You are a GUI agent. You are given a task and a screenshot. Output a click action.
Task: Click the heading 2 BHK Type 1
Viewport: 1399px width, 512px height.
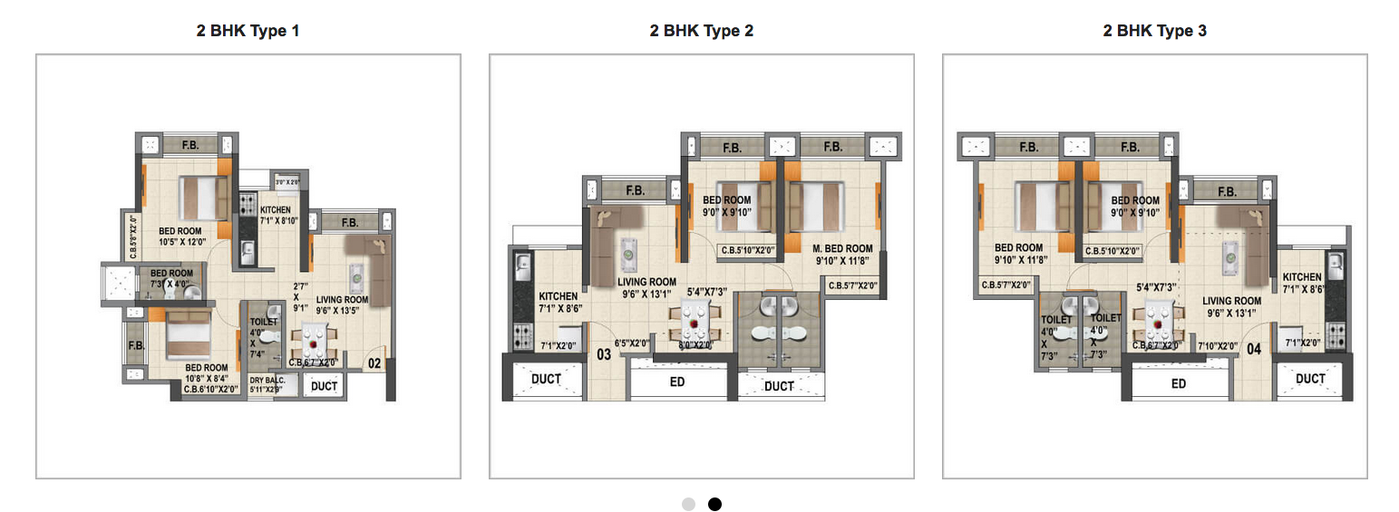point(248,31)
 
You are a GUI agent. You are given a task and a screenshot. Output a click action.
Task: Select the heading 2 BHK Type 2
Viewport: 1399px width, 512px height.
point(701,31)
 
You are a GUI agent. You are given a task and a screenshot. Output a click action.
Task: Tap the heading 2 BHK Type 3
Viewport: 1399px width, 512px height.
point(1154,31)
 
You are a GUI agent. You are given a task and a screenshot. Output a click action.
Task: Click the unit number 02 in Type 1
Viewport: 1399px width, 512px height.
point(374,364)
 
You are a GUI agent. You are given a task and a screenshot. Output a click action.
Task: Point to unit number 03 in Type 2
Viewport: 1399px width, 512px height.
point(604,354)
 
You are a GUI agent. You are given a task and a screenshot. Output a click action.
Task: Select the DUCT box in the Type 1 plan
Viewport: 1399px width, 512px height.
point(324,386)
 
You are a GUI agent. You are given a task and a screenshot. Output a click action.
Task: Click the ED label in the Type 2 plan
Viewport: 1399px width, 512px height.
point(676,382)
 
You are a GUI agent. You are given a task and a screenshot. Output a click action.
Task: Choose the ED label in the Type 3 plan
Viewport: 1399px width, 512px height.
point(1178,383)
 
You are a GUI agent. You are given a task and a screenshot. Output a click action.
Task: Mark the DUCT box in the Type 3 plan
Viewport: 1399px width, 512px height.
point(1310,379)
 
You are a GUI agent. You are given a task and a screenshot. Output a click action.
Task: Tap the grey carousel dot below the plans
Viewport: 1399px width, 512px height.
point(689,504)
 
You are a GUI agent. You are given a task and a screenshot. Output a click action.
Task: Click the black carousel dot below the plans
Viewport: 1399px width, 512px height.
point(714,504)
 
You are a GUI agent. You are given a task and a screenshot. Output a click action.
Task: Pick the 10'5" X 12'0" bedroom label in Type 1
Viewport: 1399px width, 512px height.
point(182,237)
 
